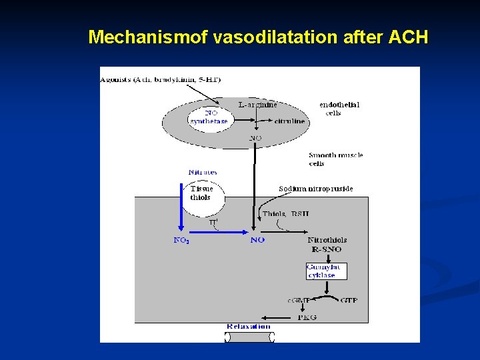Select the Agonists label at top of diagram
point(161,79)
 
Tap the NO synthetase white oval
point(209,117)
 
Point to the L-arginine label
point(258,105)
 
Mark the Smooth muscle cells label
point(335,159)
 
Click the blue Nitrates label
point(202,172)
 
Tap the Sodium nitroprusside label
point(315,189)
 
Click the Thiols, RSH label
point(285,214)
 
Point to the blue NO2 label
point(181,240)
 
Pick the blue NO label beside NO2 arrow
point(257,240)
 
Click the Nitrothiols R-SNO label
point(327,244)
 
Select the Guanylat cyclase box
point(326,271)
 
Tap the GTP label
point(349,300)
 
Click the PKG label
point(307,317)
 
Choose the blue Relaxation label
point(248,326)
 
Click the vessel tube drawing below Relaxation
point(249,337)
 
